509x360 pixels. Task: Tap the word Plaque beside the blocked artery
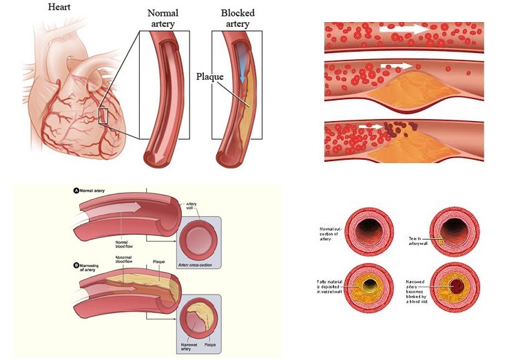(209, 76)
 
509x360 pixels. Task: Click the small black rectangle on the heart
(103, 116)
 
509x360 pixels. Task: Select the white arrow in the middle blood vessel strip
(400, 65)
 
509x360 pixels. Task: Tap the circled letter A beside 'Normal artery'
(76, 190)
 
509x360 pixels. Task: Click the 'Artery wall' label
(192, 206)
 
